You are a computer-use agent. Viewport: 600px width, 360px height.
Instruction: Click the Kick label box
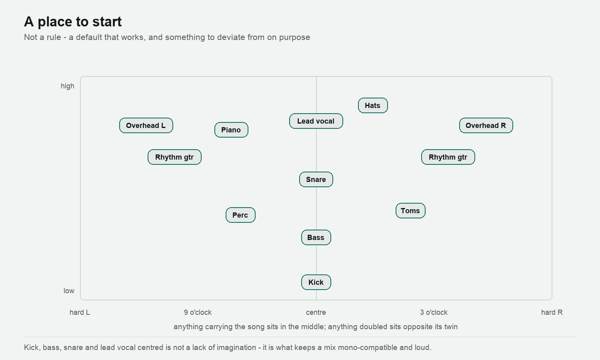(316, 282)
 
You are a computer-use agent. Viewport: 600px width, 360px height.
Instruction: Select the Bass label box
(316, 238)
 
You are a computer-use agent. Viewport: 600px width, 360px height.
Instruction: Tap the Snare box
(316, 180)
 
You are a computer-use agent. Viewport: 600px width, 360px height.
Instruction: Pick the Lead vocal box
(316, 121)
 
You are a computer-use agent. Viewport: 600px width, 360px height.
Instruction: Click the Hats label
(373, 106)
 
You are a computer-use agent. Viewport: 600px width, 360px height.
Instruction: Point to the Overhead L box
(146, 125)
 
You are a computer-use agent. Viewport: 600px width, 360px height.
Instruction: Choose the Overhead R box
(486, 125)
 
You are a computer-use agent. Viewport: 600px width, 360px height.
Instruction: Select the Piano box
(232, 130)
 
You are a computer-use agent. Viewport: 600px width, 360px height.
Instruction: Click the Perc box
(240, 215)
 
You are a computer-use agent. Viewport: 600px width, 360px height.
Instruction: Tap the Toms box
(411, 211)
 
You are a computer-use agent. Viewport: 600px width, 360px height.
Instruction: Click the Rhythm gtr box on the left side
(175, 157)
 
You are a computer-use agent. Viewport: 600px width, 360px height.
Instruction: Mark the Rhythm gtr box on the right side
(448, 157)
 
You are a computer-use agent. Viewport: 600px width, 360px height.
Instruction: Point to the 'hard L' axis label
(80, 312)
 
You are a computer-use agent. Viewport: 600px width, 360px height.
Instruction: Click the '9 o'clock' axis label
(198, 312)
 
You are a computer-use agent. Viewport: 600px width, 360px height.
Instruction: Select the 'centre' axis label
(316, 312)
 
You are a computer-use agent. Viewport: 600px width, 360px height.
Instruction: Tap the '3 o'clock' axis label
(434, 312)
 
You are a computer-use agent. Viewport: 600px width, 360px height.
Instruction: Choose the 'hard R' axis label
(552, 312)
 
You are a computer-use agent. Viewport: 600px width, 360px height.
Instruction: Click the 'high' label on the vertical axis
(68, 86)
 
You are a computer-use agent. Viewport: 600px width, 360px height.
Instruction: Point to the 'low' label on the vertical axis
(69, 291)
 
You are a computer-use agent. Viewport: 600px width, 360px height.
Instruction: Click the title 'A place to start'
(73, 22)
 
